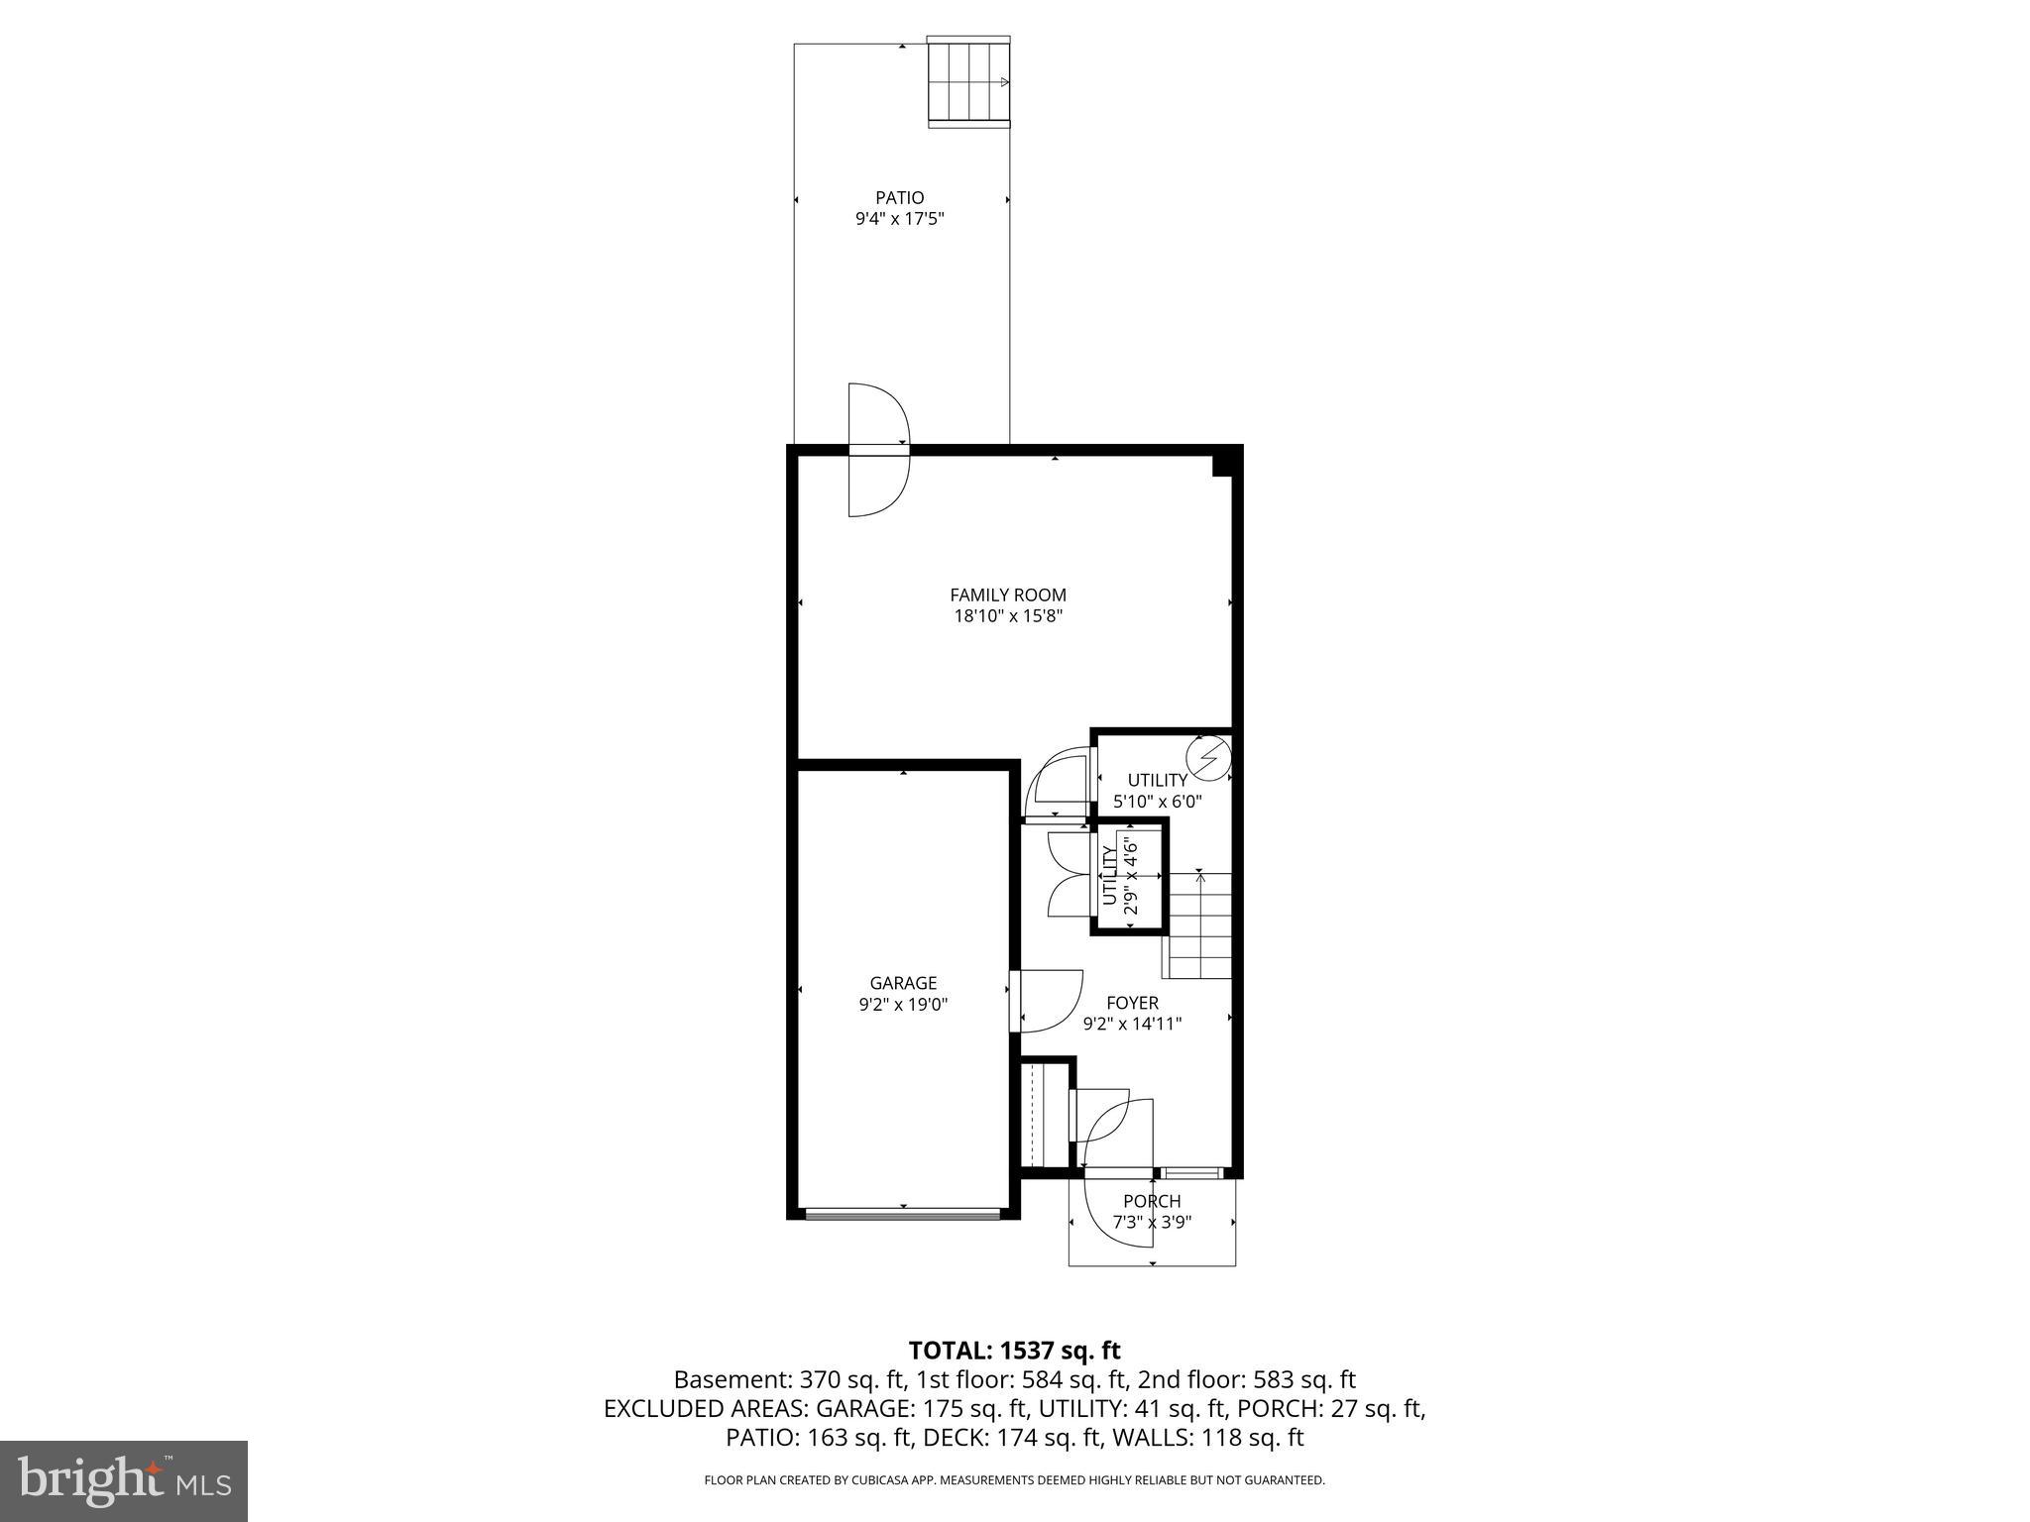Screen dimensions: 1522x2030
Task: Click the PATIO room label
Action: coord(899,198)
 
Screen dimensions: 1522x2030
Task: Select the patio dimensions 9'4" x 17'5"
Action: coord(899,220)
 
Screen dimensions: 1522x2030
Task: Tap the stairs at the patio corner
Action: coord(968,82)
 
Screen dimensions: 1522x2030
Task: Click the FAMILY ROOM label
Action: coord(1007,596)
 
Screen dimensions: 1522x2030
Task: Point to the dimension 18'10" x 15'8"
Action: coord(1007,616)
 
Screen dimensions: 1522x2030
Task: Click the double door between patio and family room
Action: coord(879,450)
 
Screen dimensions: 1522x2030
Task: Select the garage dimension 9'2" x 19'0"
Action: coord(903,1004)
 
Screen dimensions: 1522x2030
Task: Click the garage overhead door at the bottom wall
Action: coord(903,1213)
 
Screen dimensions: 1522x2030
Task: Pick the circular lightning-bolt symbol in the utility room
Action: coord(1207,758)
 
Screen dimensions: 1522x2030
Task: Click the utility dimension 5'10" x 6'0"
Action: coord(1157,801)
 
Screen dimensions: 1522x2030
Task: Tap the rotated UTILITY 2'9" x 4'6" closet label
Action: coord(1118,875)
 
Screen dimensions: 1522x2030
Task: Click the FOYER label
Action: coord(1132,1003)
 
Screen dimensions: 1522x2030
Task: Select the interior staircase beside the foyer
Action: coord(1198,926)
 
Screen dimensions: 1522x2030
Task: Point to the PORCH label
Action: coord(1152,1201)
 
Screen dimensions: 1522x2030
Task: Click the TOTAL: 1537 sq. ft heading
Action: coord(1014,1350)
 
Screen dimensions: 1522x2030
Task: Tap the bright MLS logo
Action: coord(123,1480)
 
